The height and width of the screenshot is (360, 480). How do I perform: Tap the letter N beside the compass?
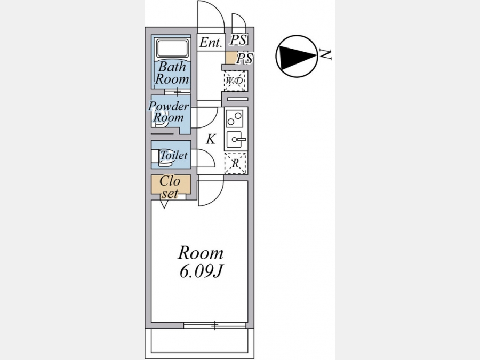[326, 53]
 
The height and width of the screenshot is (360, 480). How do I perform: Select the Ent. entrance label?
[211, 43]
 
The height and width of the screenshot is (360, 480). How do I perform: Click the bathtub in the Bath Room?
[172, 50]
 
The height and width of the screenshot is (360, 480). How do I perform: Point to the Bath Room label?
[172, 73]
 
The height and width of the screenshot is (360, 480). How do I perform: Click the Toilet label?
[174, 156]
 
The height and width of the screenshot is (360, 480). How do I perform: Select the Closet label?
[171, 187]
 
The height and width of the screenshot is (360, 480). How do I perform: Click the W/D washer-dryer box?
[235, 81]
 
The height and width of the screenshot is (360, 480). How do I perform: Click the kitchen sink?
[236, 140]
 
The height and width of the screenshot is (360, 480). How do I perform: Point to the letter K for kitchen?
[211, 140]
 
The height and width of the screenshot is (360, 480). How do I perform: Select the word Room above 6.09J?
[201, 252]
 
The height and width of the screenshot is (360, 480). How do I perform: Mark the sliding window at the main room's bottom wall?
[215, 325]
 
